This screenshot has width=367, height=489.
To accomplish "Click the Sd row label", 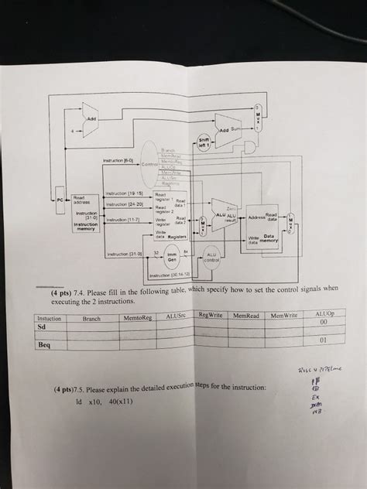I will pyautogui.click(x=43, y=327).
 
